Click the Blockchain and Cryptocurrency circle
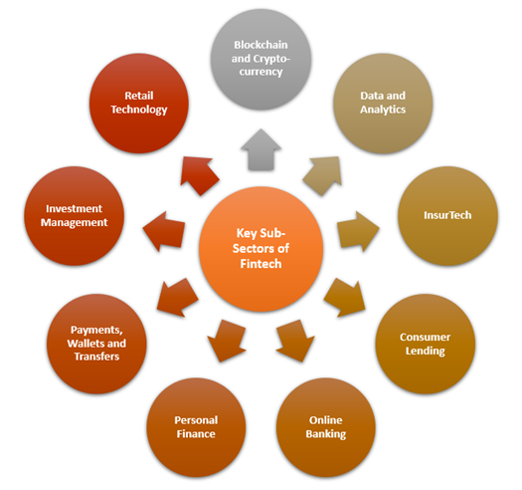pyautogui.click(x=261, y=59)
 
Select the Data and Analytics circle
pyautogui.click(x=383, y=104)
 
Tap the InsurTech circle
pyautogui.click(x=447, y=216)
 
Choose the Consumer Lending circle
pyautogui.click(x=426, y=344)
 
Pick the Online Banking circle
pyautogui.click(x=326, y=427)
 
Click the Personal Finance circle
pyautogui.click(x=196, y=427)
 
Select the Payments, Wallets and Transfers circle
pyautogui.click(x=96, y=344)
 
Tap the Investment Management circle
pyautogui.click(x=74, y=216)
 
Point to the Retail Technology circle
pyautogui.click(x=139, y=104)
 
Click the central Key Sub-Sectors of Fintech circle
pyautogui.click(x=261, y=249)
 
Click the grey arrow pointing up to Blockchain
pyautogui.click(x=261, y=150)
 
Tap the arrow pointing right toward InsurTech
pyautogui.click(x=358, y=231)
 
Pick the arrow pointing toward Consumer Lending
pyautogui.click(x=345, y=298)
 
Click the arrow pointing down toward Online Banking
pyautogui.click(x=295, y=341)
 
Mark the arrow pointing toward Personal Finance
pyautogui.click(x=227, y=341)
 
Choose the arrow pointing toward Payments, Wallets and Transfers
pyautogui.click(x=177, y=298)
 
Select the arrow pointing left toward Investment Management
pyautogui.click(x=164, y=231)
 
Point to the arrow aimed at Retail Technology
pyautogui.click(x=199, y=175)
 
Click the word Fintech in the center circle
pyautogui.click(x=261, y=264)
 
